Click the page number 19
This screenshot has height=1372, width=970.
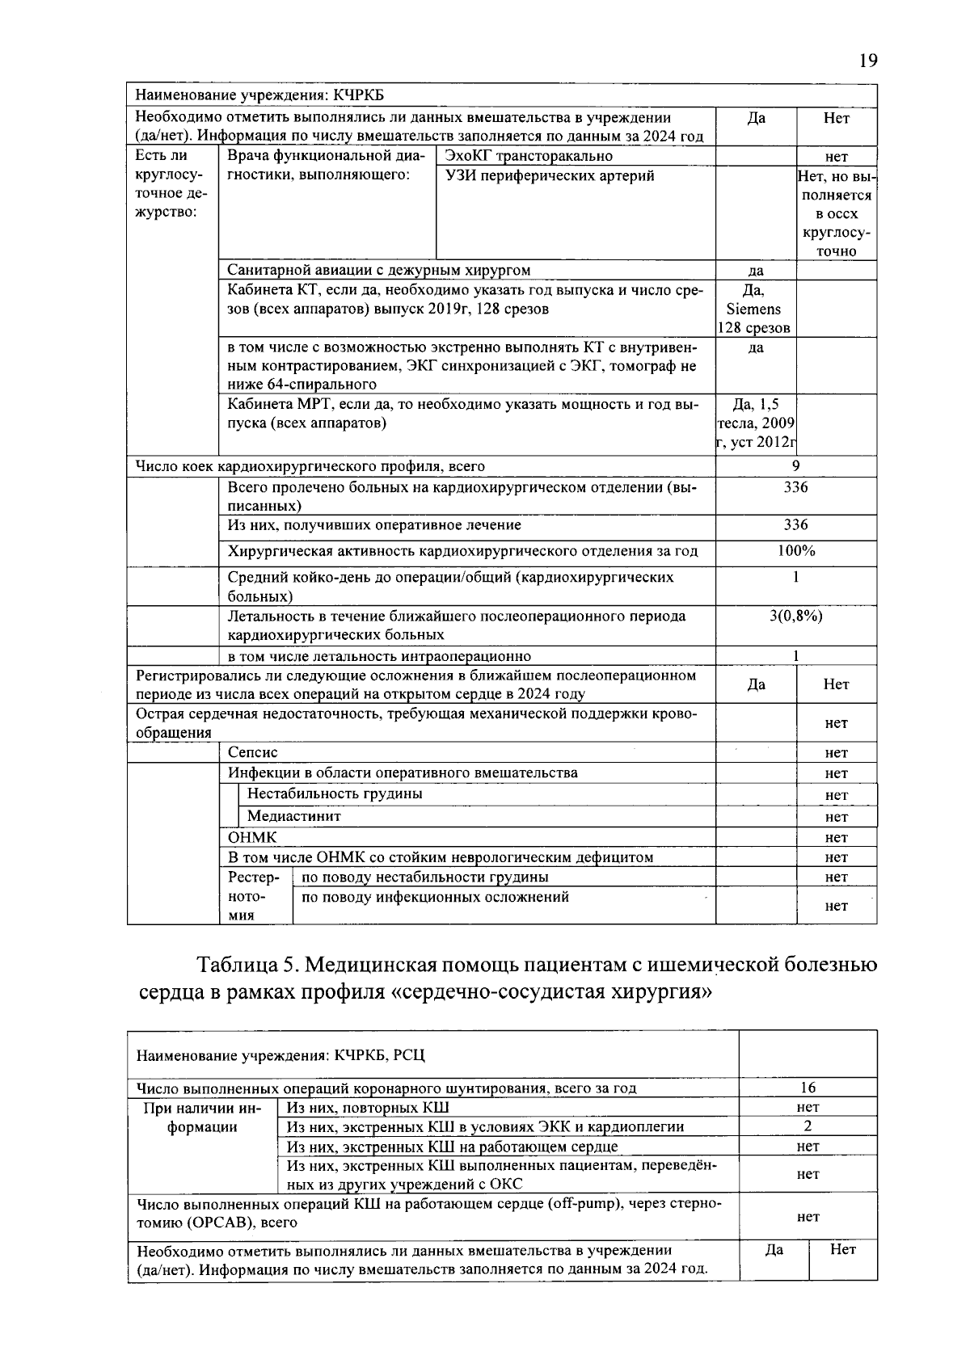click(867, 61)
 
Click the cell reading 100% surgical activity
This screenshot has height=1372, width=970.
click(795, 551)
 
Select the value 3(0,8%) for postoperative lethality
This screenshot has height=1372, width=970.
click(795, 616)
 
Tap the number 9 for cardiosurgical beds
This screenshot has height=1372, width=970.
click(795, 465)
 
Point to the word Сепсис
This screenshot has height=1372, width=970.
click(252, 752)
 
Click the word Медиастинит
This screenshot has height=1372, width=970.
click(294, 816)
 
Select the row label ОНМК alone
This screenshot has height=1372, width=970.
click(251, 837)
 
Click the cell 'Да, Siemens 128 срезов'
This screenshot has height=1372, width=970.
click(755, 309)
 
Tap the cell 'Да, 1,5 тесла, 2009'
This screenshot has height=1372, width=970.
click(755, 423)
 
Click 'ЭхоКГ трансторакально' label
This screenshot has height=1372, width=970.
click(529, 156)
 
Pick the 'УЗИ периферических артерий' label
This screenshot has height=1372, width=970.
click(550, 176)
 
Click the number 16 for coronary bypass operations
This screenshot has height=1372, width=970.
click(808, 1088)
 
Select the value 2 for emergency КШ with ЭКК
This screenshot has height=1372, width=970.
click(808, 1126)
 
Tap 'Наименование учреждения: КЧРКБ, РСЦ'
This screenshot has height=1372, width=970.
click(280, 1055)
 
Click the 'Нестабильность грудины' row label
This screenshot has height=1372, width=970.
click(335, 793)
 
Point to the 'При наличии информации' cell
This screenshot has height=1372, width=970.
click(202, 1117)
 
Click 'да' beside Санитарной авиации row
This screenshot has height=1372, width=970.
click(755, 271)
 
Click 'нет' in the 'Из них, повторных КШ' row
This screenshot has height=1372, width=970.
click(808, 1107)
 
